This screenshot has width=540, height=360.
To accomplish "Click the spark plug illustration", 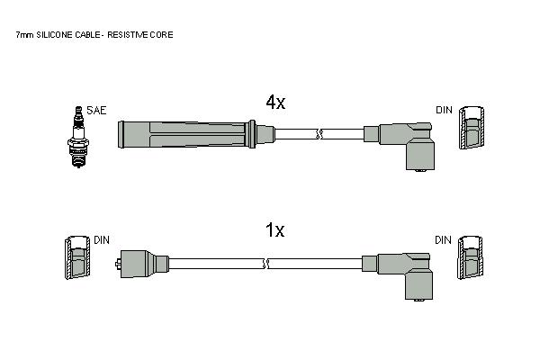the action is pyautogui.click(x=78, y=137).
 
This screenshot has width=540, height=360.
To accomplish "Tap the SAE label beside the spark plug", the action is pyautogui.click(x=96, y=110).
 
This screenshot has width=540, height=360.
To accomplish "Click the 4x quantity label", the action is pyautogui.click(x=275, y=102).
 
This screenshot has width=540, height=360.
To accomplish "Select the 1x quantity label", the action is pyautogui.click(x=274, y=229).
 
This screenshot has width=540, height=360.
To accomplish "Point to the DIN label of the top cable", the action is pyautogui.click(x=444, y=110).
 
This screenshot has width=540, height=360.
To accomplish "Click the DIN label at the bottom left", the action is pyautogui.click(x=102, y=240).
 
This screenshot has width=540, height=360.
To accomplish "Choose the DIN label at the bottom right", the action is pyautogui.click(x=443, y=240).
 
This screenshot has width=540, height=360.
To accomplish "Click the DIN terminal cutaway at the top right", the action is pyautogui.click(x=472, y=128).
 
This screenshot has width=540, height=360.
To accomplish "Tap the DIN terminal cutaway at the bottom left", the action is pyautogui.click(x=77, y=257).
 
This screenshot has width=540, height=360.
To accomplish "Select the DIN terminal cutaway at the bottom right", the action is pyautogui.click(x=470, y=257).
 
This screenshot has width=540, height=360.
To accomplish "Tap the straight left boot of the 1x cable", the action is pyautogui.click(x=142, y=264).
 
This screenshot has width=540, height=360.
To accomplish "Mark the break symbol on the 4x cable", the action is pyautogui.click(x=319, y=134).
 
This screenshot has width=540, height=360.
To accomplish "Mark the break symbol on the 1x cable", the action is pyautogui.click(x=265, y=265).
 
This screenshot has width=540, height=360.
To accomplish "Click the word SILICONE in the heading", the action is pyautogui.click(x=55, y=35).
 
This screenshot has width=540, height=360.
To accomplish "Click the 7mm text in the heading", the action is pyautogui.click(x=25, y=35).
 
